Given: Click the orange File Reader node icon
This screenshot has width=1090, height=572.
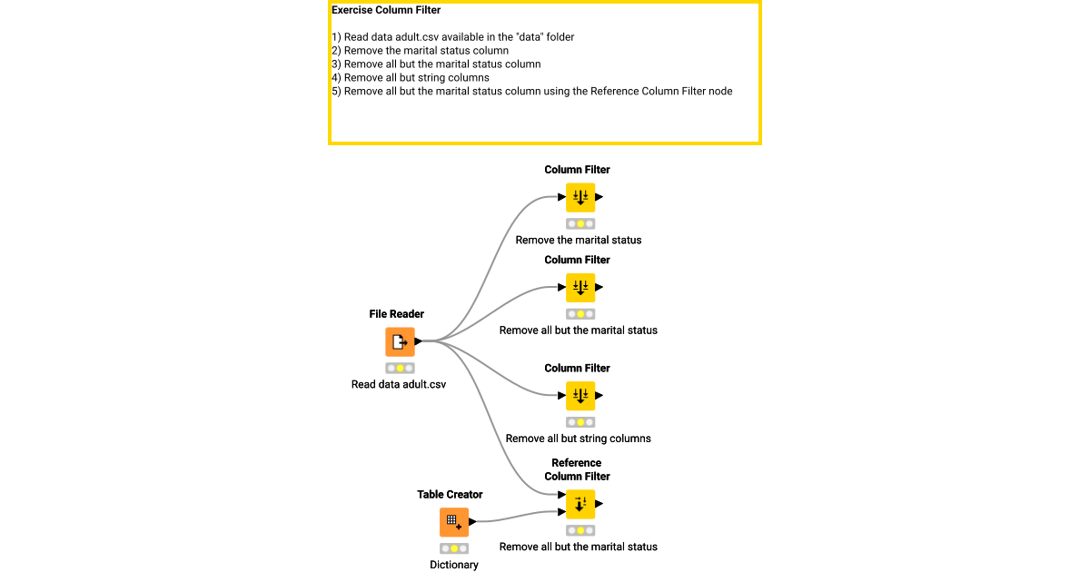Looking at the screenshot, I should (x=400, y=342).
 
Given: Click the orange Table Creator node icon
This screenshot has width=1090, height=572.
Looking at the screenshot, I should (x=454, y=522).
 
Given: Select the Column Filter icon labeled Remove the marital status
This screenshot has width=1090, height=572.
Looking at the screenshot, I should (x=580, y=197).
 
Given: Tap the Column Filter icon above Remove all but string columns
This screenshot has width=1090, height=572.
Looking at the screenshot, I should (x=580, y=396).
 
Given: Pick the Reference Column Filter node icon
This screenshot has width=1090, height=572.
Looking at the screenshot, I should (x=580, y=504).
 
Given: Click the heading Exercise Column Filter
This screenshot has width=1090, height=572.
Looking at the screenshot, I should (x=386, y=11).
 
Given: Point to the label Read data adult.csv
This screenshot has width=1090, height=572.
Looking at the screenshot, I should (x=399, y=384).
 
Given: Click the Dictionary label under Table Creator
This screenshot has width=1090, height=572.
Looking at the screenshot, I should (x=453, y=565).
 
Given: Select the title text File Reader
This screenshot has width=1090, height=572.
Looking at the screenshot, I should (x=396, y=314).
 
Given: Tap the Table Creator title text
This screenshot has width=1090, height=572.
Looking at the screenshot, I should (x=450, y=495).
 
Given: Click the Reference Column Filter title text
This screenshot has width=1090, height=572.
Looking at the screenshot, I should (x=577, y=469).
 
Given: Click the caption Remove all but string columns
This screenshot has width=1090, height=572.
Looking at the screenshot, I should (x=578, y=439).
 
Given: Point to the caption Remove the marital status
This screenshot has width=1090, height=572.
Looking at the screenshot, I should (x=578, y=241).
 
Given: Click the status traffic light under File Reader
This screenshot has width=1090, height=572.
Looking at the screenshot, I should (x=400, y=368).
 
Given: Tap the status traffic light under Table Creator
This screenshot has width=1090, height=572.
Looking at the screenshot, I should (x=454, y=548).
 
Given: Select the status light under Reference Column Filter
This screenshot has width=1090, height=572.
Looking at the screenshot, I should (x=580, y=530).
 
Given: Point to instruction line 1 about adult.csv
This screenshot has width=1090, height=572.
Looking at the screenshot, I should (x=452, y=37).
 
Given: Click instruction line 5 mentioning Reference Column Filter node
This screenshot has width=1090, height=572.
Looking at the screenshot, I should (x=531, y=91).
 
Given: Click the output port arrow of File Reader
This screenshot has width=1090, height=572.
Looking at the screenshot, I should (x=419, y=341).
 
